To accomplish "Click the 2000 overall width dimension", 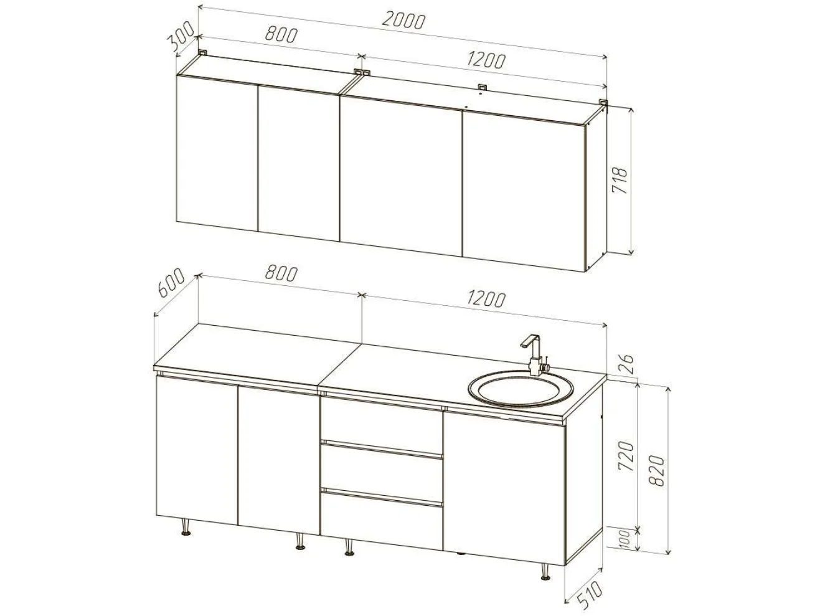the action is coord(404,21).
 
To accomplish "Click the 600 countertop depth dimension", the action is coord(171,282).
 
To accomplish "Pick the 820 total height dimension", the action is coord(657,470).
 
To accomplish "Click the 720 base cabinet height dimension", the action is coord(626,456).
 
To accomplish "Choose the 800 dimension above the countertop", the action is coord(281,274).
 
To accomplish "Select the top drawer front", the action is coord(381,420).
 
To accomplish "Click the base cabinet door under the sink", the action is coord(504,488).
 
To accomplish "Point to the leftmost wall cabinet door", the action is coord(217,154).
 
